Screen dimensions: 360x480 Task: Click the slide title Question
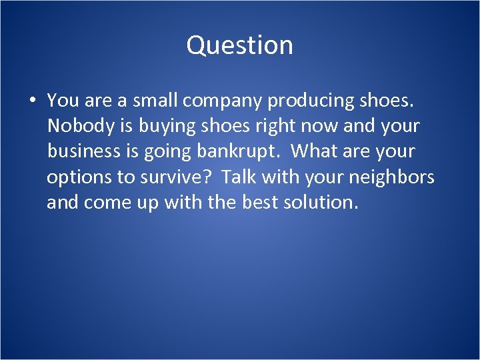[239, 45]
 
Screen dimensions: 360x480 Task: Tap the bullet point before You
[31, 101]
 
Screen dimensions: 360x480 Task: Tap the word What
[313, 151]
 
